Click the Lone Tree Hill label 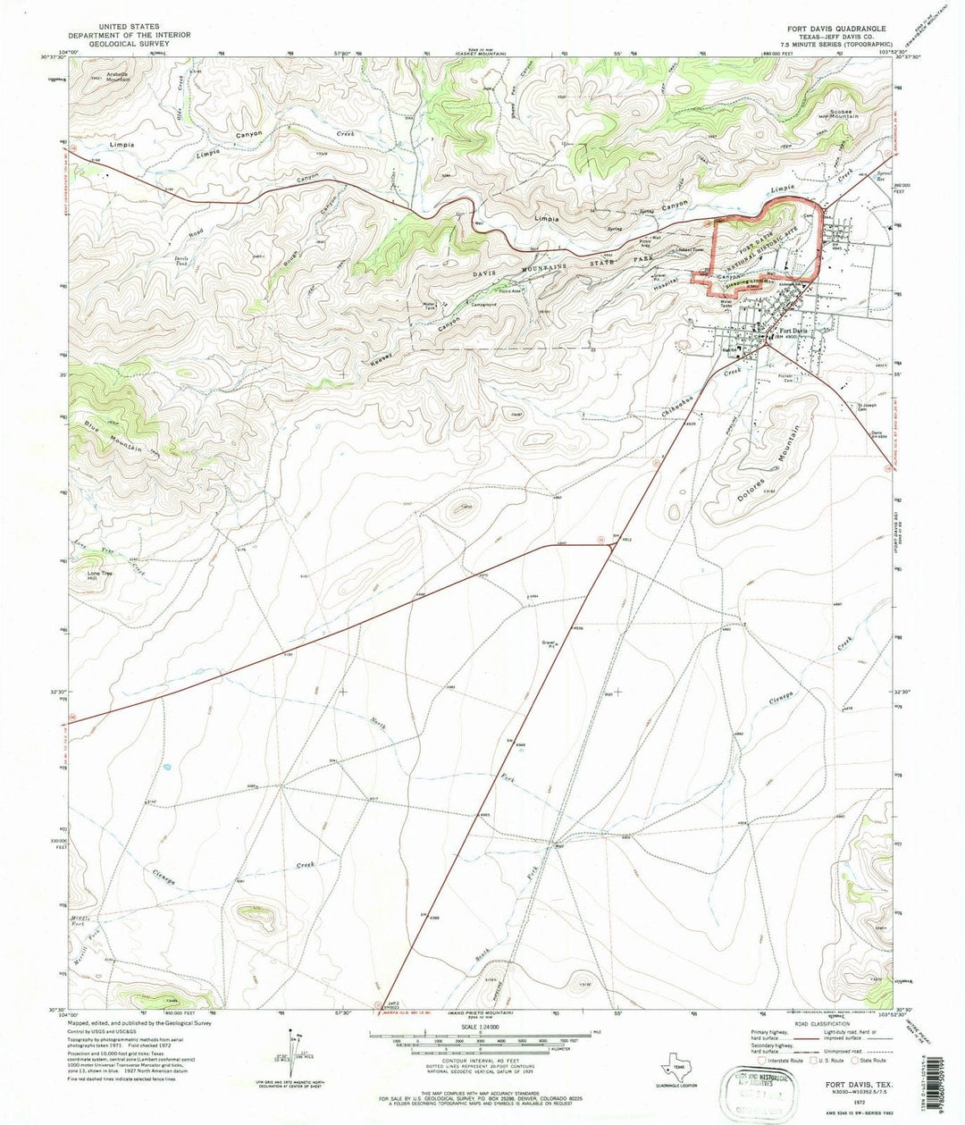point(100,575)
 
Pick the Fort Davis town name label point(789,332)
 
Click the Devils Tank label point(181,262)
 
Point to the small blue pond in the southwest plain point(165,767)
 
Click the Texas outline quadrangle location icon point(672,1067)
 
